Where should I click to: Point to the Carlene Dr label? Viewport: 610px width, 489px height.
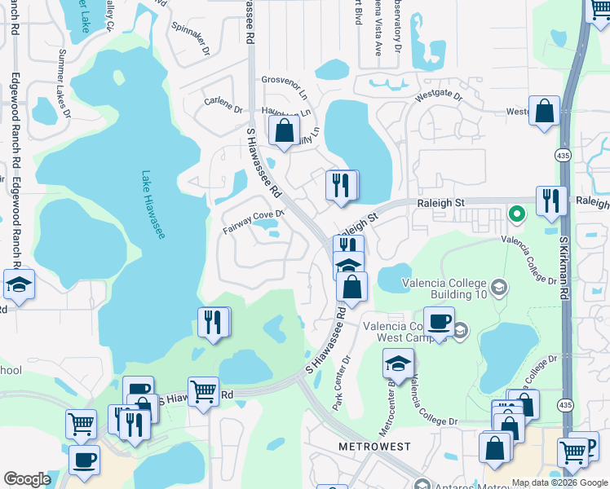click(x=223, y=105)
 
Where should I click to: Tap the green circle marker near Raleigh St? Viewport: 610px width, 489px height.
click(x=516, y=214)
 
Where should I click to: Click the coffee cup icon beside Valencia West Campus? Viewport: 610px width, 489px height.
click(x=439, y=322)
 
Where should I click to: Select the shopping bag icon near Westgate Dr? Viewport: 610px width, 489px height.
click(x=544, y=112)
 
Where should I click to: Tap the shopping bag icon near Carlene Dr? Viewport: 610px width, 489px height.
click(x=284, y=130)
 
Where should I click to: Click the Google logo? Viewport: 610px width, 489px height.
click(x=28, y=479)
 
